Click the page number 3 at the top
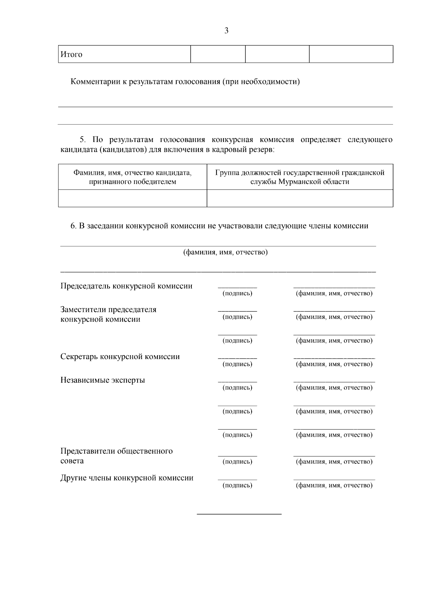[226, 31]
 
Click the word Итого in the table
[72, 54]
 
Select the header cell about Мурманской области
[300, 177]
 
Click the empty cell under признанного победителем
[132, 198]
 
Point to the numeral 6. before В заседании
[73, 226]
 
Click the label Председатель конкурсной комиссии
[127, 286]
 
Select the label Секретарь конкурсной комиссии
[120, 356]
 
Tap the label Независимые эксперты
[103, 380]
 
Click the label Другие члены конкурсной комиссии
[127, 478]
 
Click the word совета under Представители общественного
[72, 461]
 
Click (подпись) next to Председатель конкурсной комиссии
[237, 293]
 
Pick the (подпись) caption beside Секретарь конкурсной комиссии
[237, 364]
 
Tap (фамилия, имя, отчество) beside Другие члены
[334, 485]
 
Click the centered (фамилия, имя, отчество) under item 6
[225, 252]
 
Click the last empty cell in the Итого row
[351, 54]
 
